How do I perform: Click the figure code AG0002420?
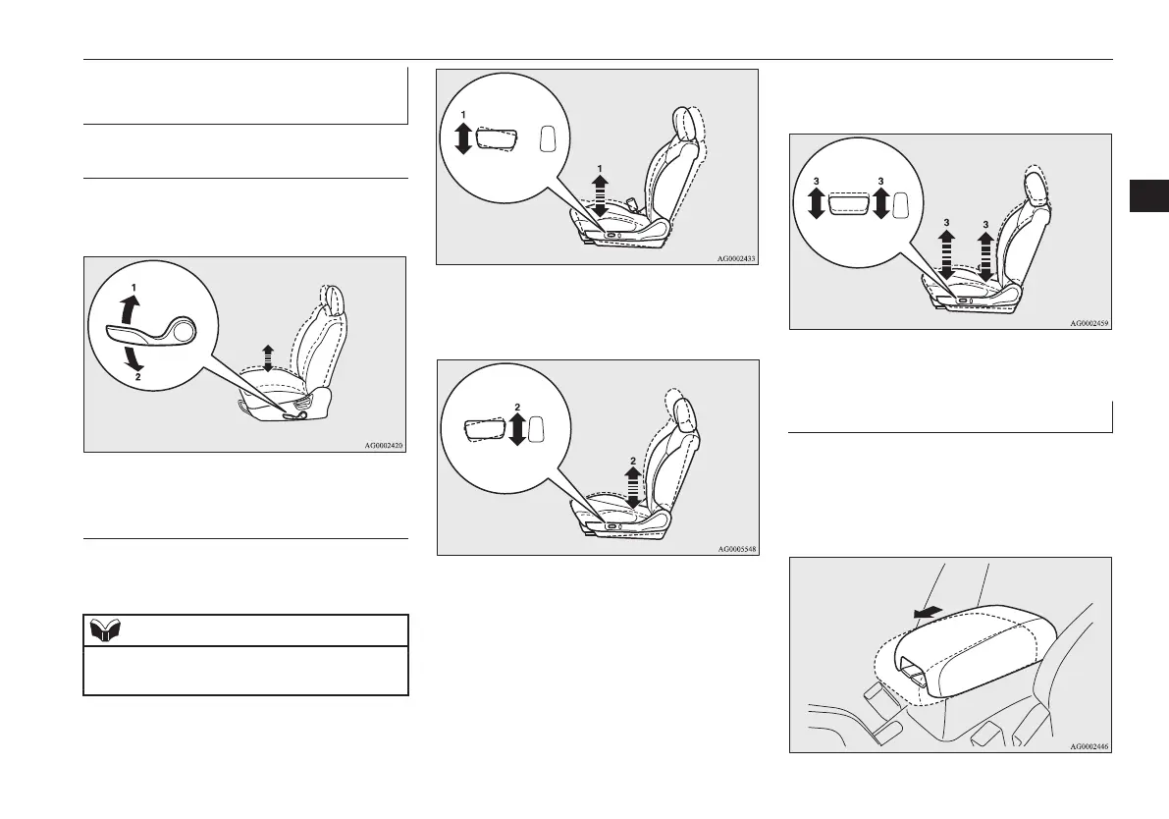point(384,446)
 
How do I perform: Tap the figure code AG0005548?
point(736,548)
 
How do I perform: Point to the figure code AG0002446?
point(1089,746)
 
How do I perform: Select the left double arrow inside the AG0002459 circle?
point(816,204)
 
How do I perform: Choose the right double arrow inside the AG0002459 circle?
point(880,204)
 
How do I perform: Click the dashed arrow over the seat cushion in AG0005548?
point(632,485)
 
